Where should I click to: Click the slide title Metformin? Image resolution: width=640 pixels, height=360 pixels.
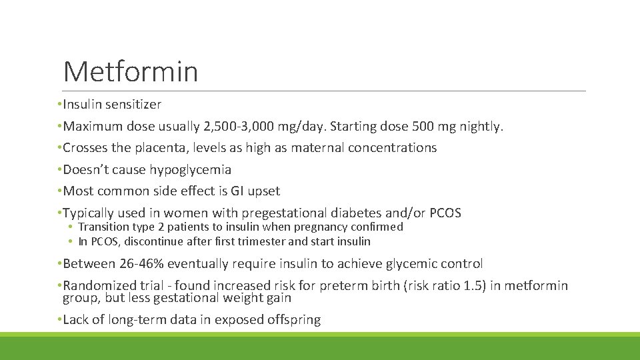pyautogui.click(x=131, y=71)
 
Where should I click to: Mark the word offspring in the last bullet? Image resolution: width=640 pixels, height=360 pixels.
pyautogui.click(x=295, y=320)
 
